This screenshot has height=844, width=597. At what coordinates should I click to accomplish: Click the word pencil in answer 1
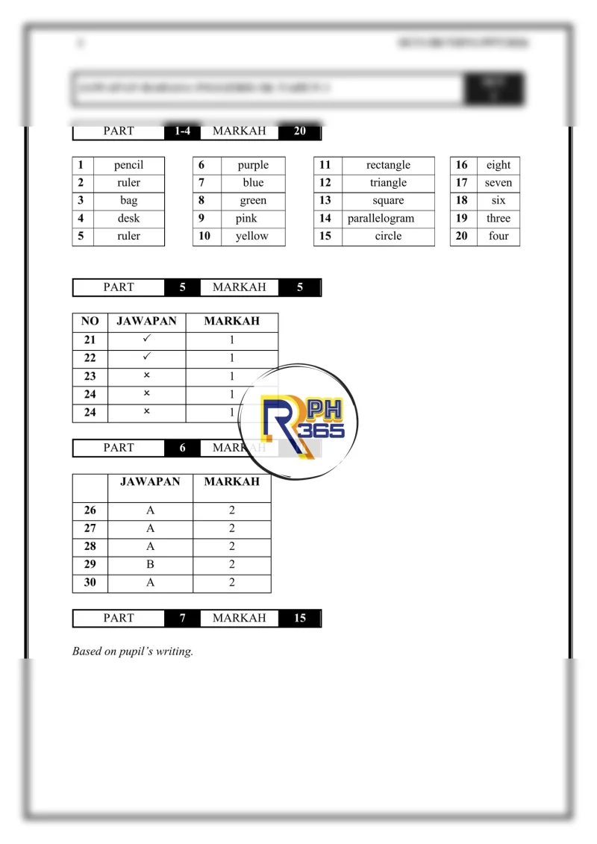pyautogui.click(x=128, y=165)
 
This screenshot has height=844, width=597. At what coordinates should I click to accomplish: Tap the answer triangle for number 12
pyautogui.click(x=388, y=183)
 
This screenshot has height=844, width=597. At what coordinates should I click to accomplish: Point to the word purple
pyautogui.click(x=253, y=165)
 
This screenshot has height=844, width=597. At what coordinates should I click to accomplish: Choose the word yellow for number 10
pyautogui.click(x=251, y=237)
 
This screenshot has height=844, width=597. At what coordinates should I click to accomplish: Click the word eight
pyautogui.click(x=498, y=165)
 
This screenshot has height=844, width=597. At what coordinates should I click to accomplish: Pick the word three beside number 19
pyautogui.click(x=498, y=219)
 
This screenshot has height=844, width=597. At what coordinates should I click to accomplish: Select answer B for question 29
pyautogui.click(x=150, y=565)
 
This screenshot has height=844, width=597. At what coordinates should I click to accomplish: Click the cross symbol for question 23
pyautogui.click(x=146, y=376)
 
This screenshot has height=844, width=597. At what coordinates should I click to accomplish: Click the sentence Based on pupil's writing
pyautogui.click(x=133, y=651)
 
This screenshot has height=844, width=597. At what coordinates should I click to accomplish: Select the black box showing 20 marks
pyautogui.click(x=300, y=131)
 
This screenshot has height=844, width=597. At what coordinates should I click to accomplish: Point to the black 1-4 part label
pyautogui.click(x=182, y=131)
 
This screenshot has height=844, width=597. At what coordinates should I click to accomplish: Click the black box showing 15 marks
pyautogui.click(x=300, y=618)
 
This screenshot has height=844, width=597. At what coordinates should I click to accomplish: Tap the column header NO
pyautogui.click(x=90, y=322)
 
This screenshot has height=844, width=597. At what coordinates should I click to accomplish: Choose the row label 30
pyautogui.click(x=90, y=583)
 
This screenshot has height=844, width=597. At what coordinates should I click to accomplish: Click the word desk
pyautogui.click(x=128, y=219)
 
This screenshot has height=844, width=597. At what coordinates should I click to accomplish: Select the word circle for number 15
pyautogui.click(x=388, y=237)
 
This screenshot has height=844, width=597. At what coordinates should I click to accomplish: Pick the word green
pyautogui.click(x=253, y=201)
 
